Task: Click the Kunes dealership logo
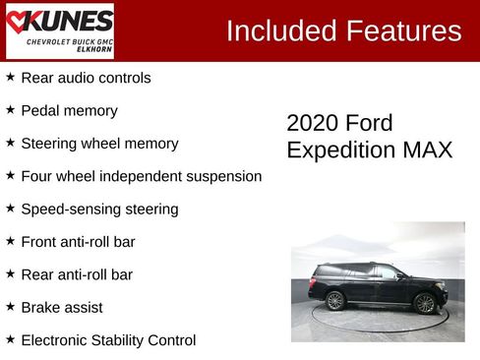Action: pos(59,30)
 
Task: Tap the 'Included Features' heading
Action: pos(343,30)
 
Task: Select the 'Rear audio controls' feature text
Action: pos(86,78)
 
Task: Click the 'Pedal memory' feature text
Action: pos(69,111)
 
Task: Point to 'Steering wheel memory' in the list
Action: pos(99,144)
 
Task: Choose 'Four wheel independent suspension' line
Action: pos(141,177)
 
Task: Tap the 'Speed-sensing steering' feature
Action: pos(99,210)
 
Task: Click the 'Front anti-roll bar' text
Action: pos(78,242)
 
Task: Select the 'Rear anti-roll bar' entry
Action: pos(77,275)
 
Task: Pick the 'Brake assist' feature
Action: pos(61,308)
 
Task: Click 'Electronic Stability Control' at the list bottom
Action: pos(108,340)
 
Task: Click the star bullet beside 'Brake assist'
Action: pos(10,307)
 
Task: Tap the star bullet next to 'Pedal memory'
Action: pos(10,110)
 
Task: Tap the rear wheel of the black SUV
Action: pos(335,301)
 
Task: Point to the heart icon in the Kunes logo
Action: pos(19,21)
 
